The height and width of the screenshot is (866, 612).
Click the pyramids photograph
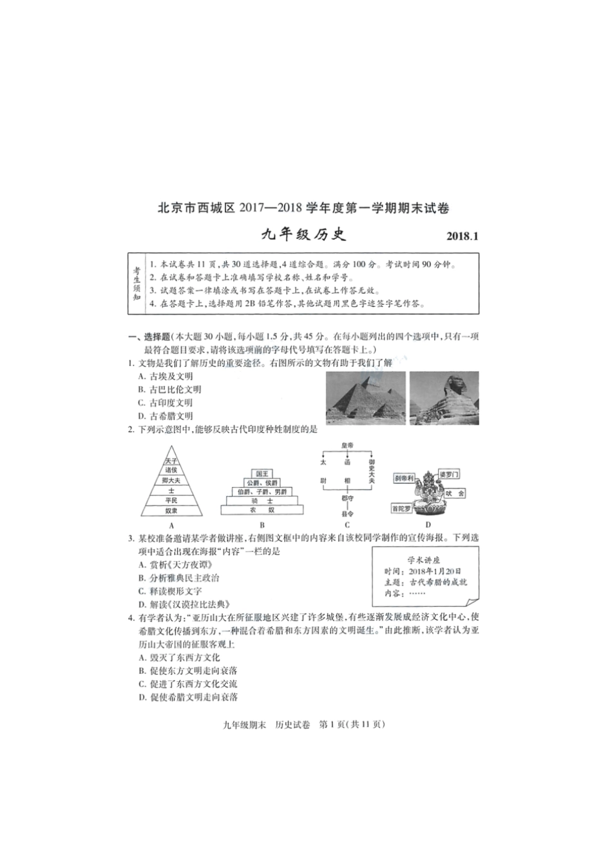[365, 398]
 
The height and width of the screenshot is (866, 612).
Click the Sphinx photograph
[444, 398]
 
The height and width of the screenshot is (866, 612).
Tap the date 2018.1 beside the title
[463, 236]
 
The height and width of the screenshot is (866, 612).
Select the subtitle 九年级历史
[303, 235]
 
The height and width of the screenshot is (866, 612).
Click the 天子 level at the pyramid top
[171, 461]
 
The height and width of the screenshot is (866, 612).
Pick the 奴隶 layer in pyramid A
[171, 510]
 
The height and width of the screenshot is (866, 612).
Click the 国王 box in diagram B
[262, 474]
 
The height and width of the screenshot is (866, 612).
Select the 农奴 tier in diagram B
[262, 510]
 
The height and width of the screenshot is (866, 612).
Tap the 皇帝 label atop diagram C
[347, 445]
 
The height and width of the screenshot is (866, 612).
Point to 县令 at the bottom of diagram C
[347, 514]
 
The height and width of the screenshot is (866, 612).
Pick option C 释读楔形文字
[170, 591]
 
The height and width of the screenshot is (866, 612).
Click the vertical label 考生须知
[137, 284]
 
